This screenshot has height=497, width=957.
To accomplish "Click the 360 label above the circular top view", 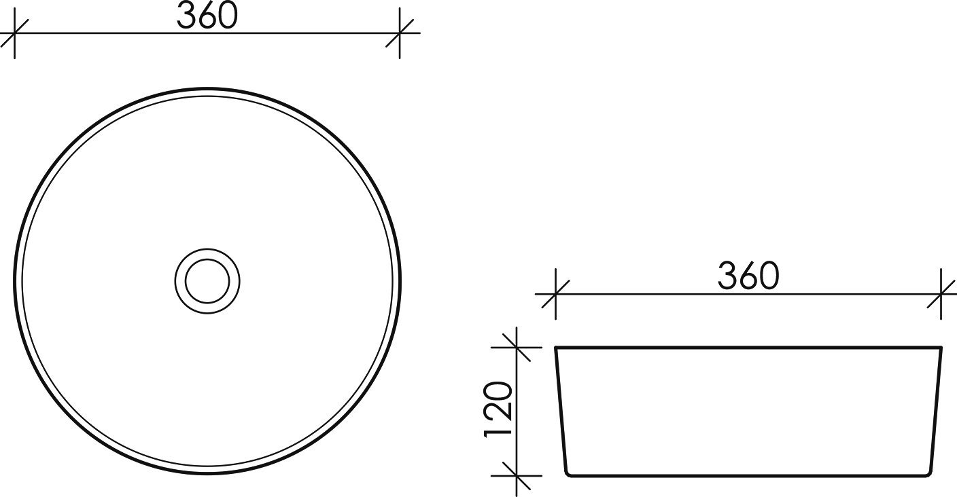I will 207,16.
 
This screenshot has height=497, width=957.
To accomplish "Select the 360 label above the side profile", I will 748,277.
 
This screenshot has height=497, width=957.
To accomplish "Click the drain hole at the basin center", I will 207,280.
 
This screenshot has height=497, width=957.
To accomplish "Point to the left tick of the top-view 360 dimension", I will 14,33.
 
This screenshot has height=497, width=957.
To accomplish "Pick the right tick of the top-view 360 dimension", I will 400,33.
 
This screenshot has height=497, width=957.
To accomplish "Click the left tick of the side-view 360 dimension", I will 556,294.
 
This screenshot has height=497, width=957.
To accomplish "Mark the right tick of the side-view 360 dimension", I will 941,294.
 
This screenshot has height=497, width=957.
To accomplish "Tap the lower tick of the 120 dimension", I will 518,475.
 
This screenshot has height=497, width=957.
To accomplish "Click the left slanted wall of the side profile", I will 561,411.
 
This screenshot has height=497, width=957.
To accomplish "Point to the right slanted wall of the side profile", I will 936,411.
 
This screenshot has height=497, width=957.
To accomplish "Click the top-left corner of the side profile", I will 557,348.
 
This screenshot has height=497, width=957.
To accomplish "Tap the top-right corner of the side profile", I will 941,348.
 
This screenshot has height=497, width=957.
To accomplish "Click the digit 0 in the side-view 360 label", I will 769,277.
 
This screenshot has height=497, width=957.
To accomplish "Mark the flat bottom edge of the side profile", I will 748,476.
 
